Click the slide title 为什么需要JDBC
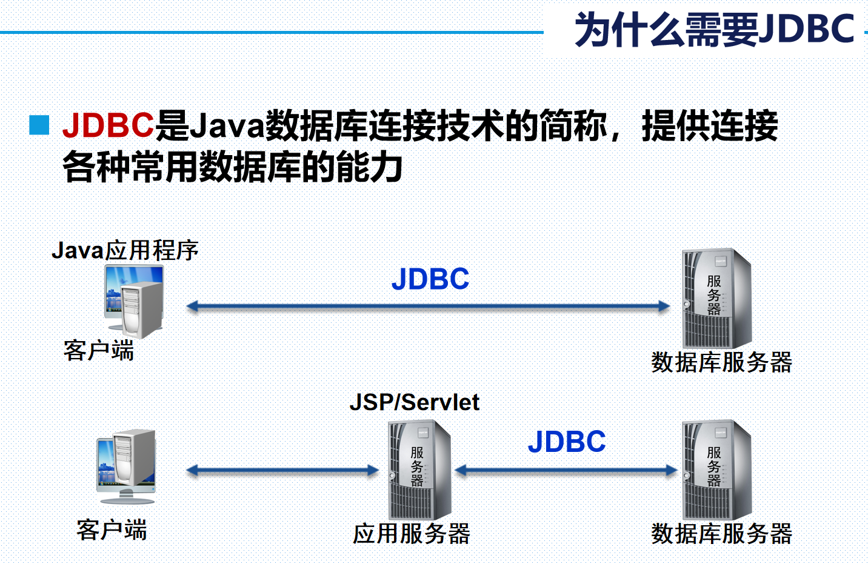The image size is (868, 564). [x=713, y=30]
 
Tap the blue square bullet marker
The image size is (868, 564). [x=39, y=125]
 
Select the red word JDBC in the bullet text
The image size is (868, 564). [x=108, y=125]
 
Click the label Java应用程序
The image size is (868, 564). [x=125, y=250]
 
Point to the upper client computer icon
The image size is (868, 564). [x=134, y=300]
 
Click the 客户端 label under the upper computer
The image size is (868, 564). [x=99, y=351]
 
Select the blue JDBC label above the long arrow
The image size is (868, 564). [x=430, y=279]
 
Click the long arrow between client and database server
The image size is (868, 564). [x=428, y=307]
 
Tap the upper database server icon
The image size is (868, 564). [x=716, y=298]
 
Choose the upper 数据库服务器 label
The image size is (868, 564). [x=721, y=362]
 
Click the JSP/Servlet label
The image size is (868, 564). [x=415, y=402]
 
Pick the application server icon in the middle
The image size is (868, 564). [x=419, y=469]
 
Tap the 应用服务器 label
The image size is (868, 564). [x=412, y=534]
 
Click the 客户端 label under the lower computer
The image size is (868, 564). [x=112, y=530]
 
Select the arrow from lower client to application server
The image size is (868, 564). [x=282, y=470]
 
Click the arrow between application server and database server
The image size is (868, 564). [x=566, y=470]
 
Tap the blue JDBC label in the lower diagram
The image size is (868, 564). [x=567, y=442]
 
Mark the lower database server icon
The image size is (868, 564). [x=716, y=469]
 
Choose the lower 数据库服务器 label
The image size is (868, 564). [x=721, y=534]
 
